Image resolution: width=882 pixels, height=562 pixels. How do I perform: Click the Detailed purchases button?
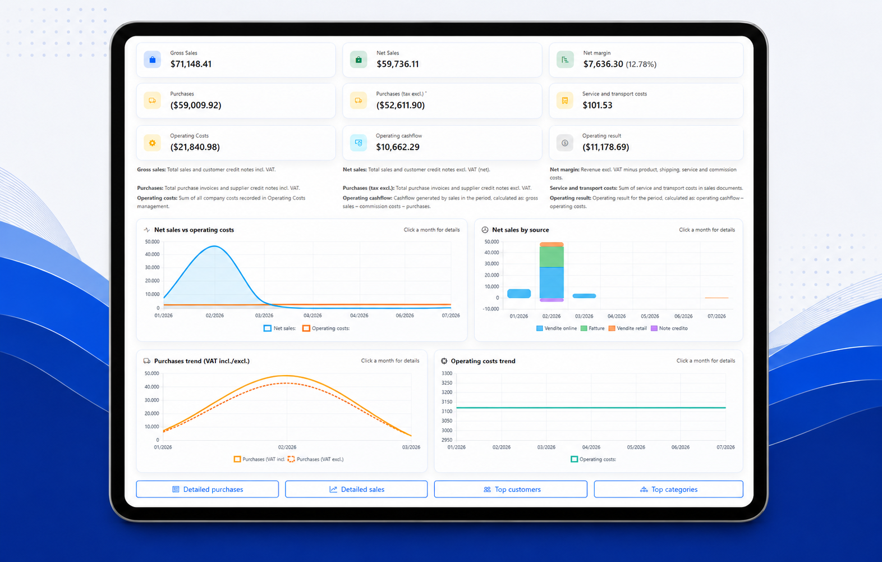[x=207, y=489]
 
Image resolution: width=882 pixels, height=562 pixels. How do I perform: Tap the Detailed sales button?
[x=356, y=489]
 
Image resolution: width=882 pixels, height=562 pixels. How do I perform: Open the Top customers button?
[x=511, y=489]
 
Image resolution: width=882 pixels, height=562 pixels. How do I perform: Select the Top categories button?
[x=669, y=489]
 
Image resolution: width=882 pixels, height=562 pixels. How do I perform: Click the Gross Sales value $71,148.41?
[x=191, y=64]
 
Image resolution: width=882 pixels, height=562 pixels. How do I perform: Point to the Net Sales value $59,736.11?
[x=398, y=64]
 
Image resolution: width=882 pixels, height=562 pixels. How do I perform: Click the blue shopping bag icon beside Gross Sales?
[x=153, y=60]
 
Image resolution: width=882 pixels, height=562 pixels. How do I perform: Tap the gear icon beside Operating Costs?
[x=153, y=143]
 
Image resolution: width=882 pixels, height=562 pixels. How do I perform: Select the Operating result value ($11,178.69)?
[x=605, y=147]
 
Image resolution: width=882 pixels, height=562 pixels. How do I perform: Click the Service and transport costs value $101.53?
[x=598, y=105]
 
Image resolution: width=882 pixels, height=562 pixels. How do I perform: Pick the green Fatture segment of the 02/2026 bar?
[x=551, y=257]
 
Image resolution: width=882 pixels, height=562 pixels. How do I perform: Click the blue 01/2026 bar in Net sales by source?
[x=519, y=294]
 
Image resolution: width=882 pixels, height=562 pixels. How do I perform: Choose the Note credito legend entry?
[x=669, y=328]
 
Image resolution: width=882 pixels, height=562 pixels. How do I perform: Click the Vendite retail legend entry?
[x=628, y=328]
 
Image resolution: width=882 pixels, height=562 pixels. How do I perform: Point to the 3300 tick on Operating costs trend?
[x=447, y=373]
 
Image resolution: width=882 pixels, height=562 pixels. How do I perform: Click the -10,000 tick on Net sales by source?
[x=490, y=309]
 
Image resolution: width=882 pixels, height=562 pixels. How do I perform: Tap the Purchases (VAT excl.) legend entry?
[x=316, y=459]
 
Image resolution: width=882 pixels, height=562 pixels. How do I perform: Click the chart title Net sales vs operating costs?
[x=194, y=230]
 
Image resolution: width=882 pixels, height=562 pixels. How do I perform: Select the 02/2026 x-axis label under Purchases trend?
[x=287, y=447]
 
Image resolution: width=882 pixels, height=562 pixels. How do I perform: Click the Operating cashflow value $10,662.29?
[x=398, y=147]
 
